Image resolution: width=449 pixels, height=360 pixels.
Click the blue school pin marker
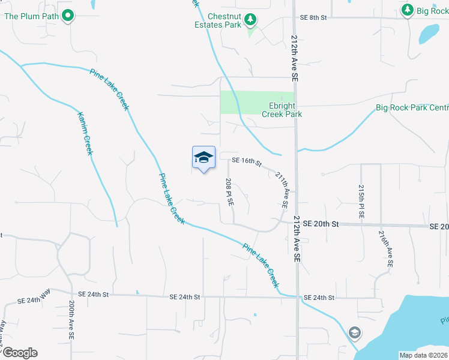click(203, 158)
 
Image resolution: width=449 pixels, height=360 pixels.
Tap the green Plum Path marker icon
click(68, 16)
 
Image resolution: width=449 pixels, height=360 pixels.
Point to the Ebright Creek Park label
click(281, 110)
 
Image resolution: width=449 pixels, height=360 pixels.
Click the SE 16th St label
click(247, 161)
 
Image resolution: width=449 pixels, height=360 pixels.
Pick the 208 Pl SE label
click(229, 192)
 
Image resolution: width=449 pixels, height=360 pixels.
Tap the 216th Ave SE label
click(387, 248)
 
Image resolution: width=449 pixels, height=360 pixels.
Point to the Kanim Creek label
click(85, 133)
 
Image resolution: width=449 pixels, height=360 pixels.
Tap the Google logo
click(20, 353)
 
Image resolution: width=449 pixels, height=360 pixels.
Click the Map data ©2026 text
click(423, 355)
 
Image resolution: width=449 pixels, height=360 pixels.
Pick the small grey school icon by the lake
click(355, 332)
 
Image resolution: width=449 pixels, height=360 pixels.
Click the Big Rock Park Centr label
click(412, 108)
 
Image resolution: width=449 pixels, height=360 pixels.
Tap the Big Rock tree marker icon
click(408, 10)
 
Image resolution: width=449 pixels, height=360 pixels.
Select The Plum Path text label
click(31, 16)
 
